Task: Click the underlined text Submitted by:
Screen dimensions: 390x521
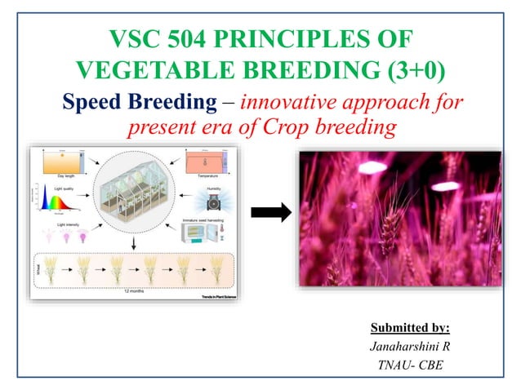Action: (410, 328)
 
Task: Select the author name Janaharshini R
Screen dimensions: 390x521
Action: (410, 346)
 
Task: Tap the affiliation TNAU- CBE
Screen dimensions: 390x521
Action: (410, 364)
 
